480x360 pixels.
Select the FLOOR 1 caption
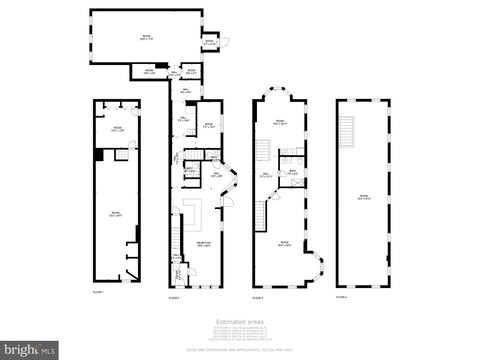click(98, 292)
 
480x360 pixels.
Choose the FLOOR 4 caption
click(343, 296)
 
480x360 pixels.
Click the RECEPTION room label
click(204, 243)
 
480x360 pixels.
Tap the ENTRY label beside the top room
click(210, 43)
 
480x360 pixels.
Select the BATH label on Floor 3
click(293, 173)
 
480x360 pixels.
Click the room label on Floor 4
click(363, 197)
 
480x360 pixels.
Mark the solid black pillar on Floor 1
click(97, 154)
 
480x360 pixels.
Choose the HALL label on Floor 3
click(266, 175)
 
